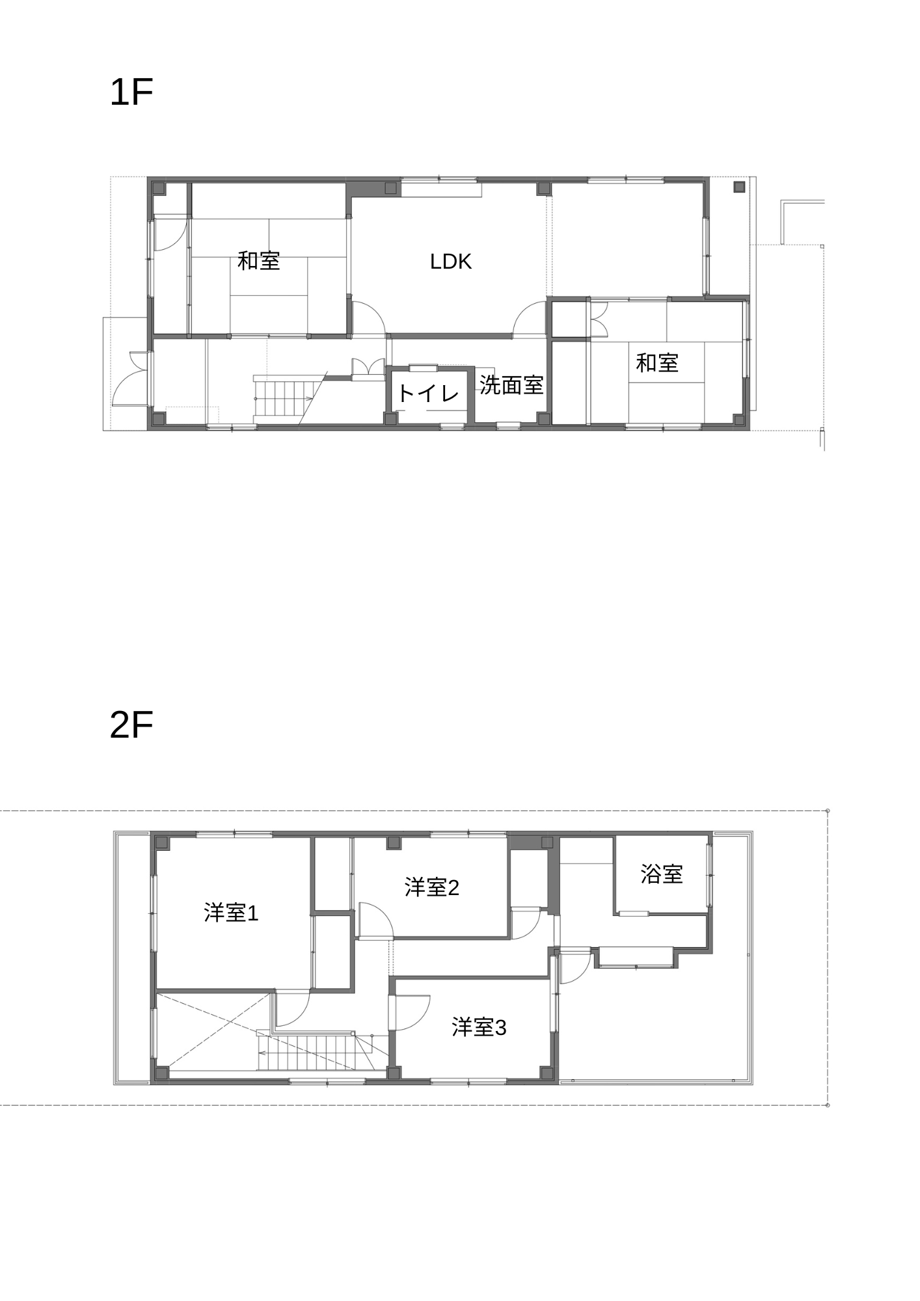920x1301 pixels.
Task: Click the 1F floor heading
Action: pyautogui.click(x=131, y=92)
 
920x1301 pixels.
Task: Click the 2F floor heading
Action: pyautogui.click(x=131, y=725)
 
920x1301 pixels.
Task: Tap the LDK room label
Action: pyautogui.click(x=451, y=262)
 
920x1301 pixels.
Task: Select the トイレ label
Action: pyautogui.click(x=428, y=393)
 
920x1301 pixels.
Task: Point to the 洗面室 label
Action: pyautogui.click(x=511, y=384)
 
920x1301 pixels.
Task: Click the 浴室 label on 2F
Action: pyautogui.click(x=662, y=874)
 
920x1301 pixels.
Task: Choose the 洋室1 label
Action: pyautogui.click(x=232, y=913)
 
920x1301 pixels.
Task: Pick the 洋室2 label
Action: pyautogui.click(x=432, y=887)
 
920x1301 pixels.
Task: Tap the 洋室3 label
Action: pyautogui.click(x=479, y=1027)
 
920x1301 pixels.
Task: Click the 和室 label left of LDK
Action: pyautogui.click(x=259, y=260)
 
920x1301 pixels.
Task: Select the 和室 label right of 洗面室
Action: pyautogui.click(x=657, y=362)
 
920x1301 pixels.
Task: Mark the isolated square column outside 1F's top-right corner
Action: pyautogui.click(x=738, y=187)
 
